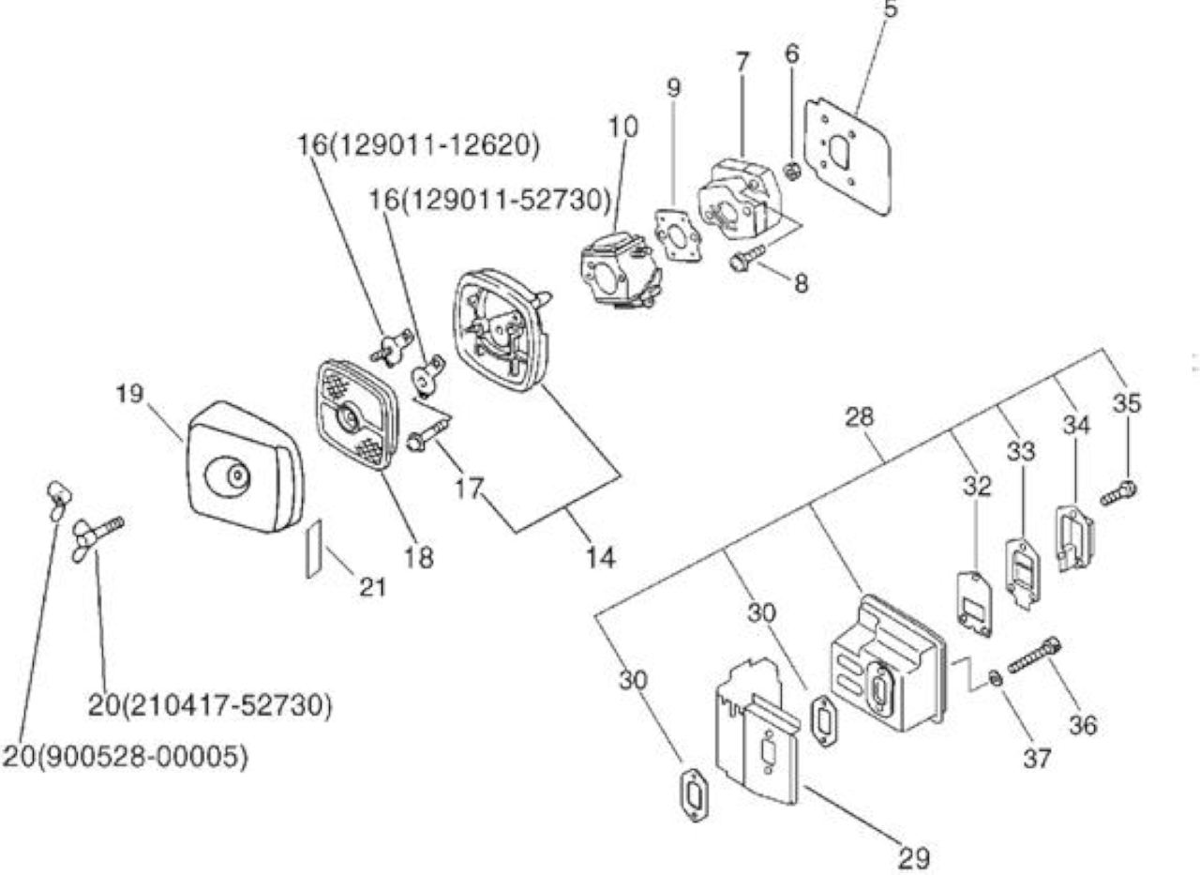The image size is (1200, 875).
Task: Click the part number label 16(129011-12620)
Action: point(419,145)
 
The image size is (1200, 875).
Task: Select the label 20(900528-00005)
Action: point(126,757)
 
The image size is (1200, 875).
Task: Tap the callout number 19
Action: point(129,394)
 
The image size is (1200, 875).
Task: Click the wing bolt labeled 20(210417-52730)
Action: point(97,537)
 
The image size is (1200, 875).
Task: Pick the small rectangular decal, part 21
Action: point(314,549)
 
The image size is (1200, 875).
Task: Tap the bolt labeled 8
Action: point(747,257)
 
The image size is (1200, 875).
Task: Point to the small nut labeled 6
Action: point(792,172)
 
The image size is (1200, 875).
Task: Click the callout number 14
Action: point(601,558)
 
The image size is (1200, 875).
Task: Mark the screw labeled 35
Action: point(1118,494)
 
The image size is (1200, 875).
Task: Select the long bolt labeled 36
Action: point(1034,655)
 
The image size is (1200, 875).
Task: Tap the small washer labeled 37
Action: point(996,680)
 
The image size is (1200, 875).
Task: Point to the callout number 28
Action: point(860,417)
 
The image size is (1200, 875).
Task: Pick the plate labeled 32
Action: point(974,604)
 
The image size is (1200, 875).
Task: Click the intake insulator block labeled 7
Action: point(740,201)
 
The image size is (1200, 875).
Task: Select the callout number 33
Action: point(1021,452)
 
